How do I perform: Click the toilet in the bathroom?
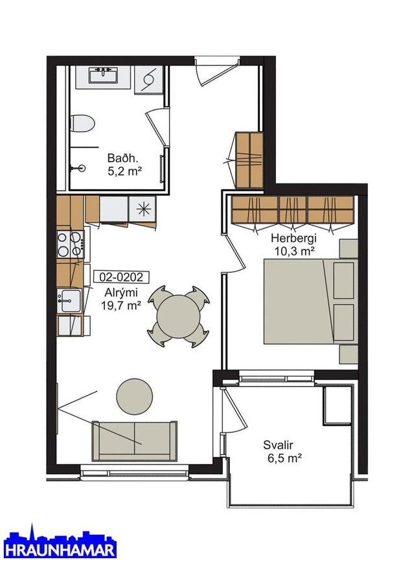coord(82,124)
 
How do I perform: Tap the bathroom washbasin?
coord(104,76)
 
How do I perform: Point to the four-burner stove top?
coord(71,244)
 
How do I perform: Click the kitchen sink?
coord(69,301)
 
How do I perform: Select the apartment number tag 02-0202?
coord(121,277)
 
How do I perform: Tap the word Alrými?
coord(121,292)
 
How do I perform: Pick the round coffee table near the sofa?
coord(135,397)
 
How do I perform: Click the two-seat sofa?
coord(135,441)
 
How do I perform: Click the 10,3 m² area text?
coord(295,252)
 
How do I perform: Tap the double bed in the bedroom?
coord(311,301)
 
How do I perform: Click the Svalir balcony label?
coord(279,445)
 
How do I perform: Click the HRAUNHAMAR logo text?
coord(62,550)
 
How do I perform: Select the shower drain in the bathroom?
coord(82,167)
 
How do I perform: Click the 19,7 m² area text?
coord(121,306)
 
